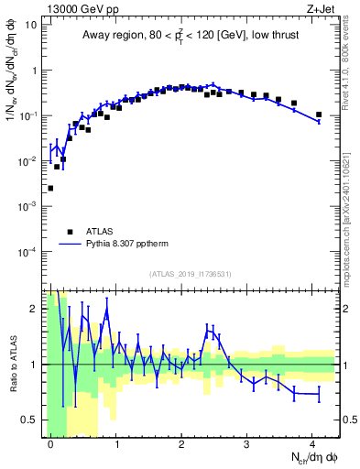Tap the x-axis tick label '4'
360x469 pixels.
(x=312, y=442)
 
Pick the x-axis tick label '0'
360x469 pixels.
(x=50, y=442)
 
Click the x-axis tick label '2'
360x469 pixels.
(x=181, y=442)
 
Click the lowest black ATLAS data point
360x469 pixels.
(x=50, y=188)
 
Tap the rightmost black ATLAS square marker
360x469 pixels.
(x=319, y=115)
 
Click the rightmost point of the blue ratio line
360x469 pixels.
(x=319, y=394)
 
